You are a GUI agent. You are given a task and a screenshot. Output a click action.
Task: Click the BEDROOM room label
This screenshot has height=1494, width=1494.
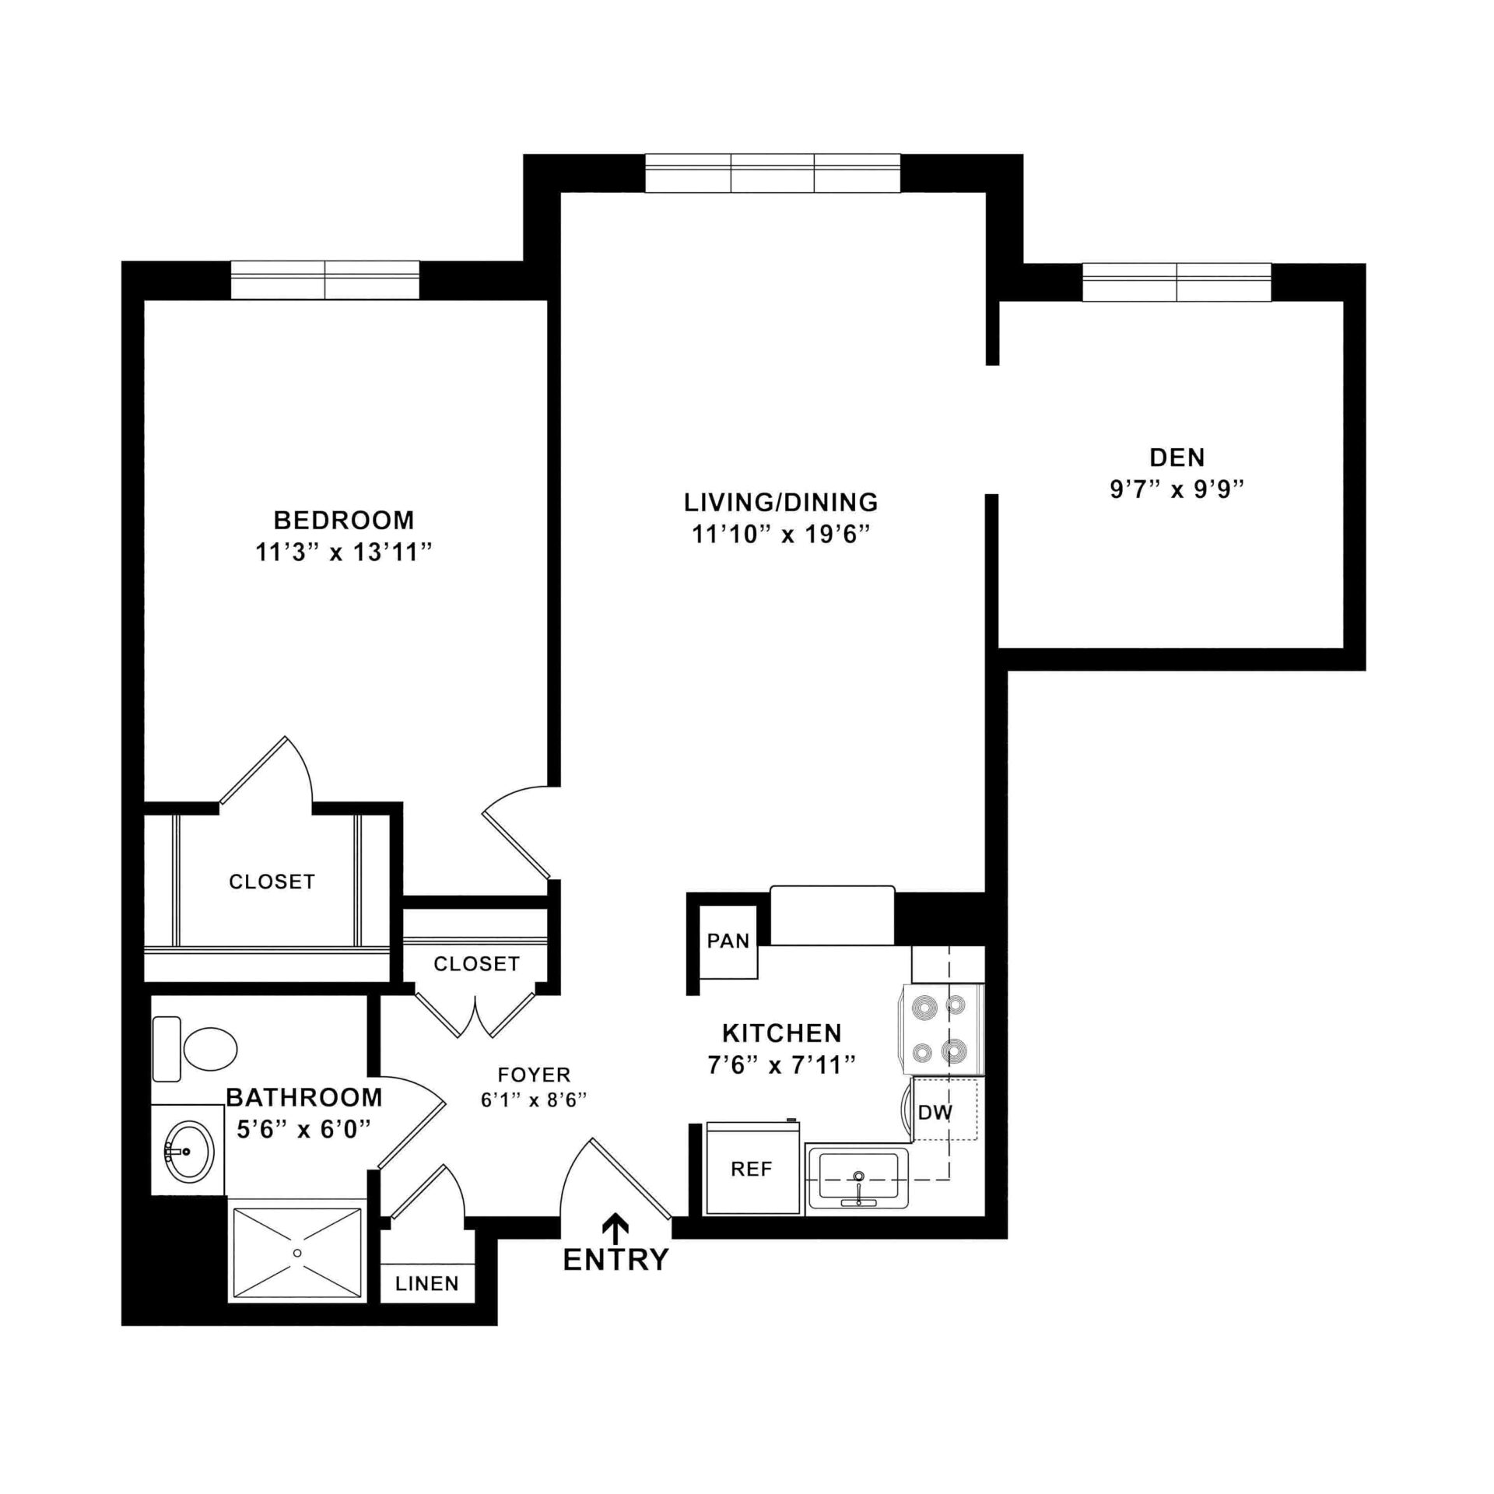[x=343, y=519]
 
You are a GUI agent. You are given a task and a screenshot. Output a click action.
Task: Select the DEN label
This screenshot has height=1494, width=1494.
[x=1177, y=457]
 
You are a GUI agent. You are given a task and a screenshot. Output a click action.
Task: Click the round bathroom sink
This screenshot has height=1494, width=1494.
[x=188, y=1151]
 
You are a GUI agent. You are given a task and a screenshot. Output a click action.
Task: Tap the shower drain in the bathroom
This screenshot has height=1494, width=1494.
[x=296, y=1253]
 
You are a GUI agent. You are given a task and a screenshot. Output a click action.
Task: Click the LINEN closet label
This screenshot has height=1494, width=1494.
[x=426, y=1283]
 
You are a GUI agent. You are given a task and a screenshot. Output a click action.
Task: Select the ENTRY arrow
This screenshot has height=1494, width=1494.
[x=616, y=1228]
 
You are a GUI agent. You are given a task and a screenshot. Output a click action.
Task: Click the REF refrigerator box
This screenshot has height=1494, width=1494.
[x=752, y=1169]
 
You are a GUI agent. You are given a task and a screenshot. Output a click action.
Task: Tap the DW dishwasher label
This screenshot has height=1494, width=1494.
[x=935, y=1113]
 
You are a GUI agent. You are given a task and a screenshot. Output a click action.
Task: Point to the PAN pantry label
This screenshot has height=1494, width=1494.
[x=728, y=941]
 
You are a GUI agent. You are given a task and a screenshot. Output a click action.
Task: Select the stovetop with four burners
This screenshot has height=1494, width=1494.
[x=942, y=1029]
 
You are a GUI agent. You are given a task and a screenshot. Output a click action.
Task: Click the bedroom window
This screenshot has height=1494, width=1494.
[x=324, y=279]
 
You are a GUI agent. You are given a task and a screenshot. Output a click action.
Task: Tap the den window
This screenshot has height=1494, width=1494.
[x=1177, y=282]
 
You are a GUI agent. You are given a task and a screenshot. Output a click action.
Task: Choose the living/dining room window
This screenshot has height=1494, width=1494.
[x=772, y=173]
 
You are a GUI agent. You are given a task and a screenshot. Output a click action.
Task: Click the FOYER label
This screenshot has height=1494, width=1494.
[x=534, y=1075]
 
